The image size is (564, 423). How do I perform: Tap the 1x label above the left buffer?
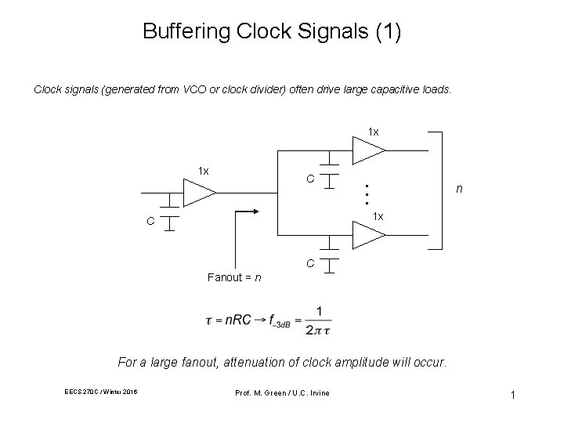coord(203,171)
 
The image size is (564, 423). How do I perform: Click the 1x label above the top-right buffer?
coord(374,131)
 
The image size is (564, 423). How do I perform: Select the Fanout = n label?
coord(234,277)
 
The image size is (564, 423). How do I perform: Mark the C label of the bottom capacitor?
coord(310,264)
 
